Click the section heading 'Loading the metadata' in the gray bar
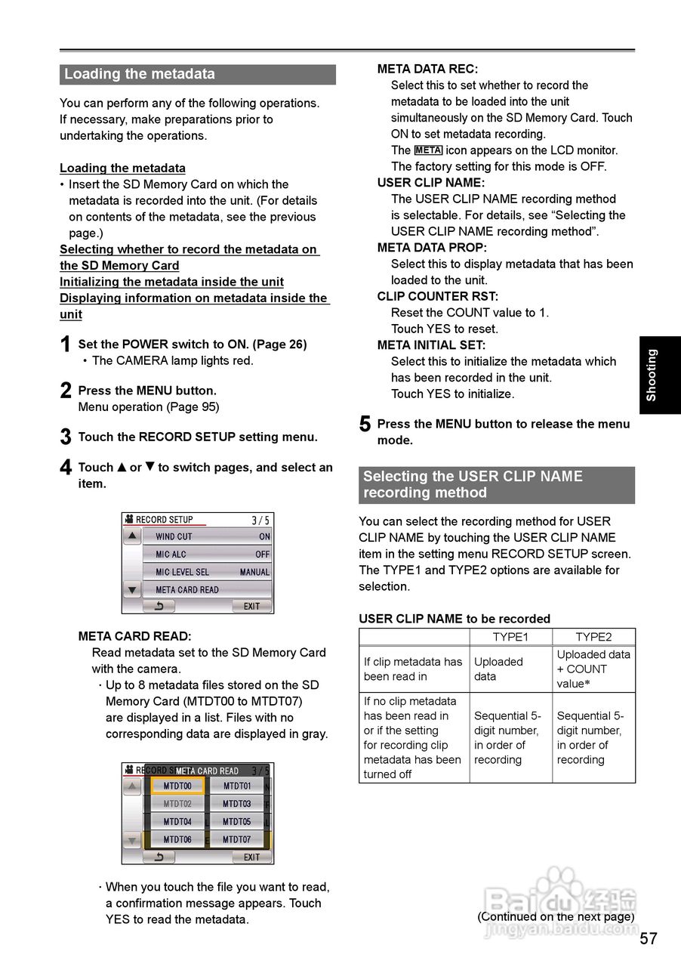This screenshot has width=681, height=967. point(140,74)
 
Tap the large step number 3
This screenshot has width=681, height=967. point(66,437)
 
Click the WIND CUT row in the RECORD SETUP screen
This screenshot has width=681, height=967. point(207,536)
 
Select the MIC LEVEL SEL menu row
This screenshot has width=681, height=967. point(207,572)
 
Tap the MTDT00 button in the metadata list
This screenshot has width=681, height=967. point(177,786)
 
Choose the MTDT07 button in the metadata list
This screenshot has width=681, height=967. point(236,839)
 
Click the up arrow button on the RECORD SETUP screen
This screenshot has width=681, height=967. point(132,536)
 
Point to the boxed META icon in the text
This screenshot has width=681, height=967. point(428,150)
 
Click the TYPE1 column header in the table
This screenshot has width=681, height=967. point(510,637)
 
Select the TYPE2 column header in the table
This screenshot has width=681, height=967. point(593,637)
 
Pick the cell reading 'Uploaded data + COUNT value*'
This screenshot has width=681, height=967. point(593,669)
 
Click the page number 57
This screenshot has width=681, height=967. point(649,939)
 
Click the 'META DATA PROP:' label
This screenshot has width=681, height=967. point(432,248)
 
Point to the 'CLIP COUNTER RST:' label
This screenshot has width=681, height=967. point(438,296)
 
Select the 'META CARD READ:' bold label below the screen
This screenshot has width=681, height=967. point(134,636)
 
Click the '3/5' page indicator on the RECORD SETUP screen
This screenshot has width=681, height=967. point(260,520)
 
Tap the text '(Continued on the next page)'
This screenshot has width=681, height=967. point(555,916)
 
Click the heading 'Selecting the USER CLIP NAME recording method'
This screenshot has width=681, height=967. point(473,484)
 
